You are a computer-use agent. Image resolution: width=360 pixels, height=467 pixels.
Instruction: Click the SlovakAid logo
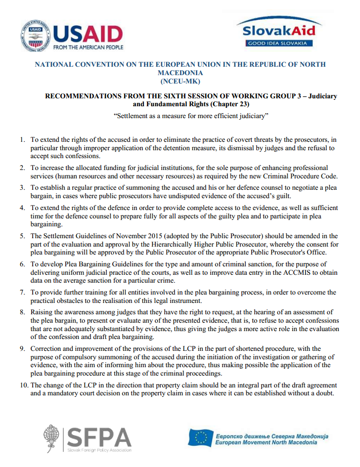[x=278, y=31]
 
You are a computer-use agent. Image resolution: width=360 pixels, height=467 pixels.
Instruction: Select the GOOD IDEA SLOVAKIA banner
[x=278, y=43]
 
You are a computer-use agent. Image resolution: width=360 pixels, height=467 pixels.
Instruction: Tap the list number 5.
[x=23, y=236]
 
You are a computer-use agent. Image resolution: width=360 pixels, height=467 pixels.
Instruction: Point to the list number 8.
[x=23, y=313]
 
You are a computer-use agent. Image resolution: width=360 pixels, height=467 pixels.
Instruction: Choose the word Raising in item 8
[x=43, y=313]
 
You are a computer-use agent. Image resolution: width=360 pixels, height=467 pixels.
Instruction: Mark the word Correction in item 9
[x=47, y=348]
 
